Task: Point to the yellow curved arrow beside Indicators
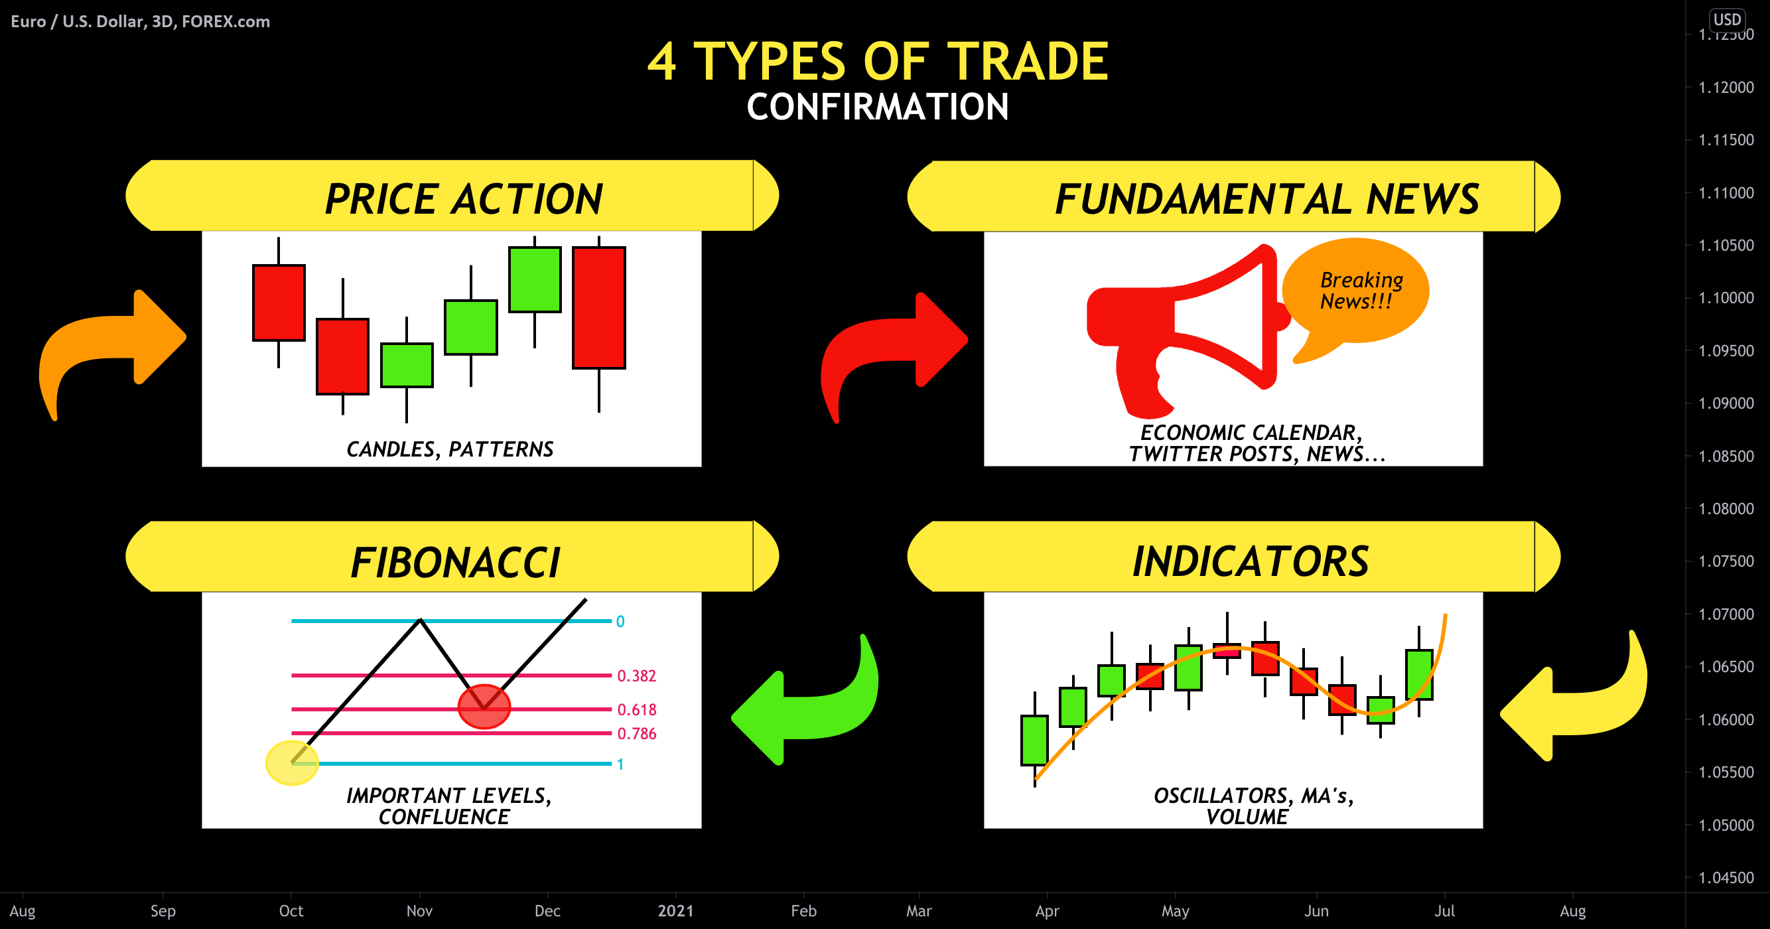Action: (x=1580, y=701)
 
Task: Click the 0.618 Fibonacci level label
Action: (x=636, y=710)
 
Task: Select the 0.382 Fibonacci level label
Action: (x=636, y=676)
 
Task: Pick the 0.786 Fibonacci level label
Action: (x=636, y=734)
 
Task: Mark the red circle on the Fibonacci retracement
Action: (x=484, y=706)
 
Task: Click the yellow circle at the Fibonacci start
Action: (x=292, y=762)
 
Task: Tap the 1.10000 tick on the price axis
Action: (x=1726, y=298)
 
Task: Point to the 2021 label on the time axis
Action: (x=675, y=911)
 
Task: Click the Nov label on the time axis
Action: (x=419, y=911)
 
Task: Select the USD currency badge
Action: (x=1727, y=19)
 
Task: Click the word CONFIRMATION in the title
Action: (x=878, y=107)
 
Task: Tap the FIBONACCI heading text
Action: (x=455, y=563)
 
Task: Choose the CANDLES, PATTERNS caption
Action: (x=450, y=449)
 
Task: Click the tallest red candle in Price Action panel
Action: (x=599, y=308)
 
